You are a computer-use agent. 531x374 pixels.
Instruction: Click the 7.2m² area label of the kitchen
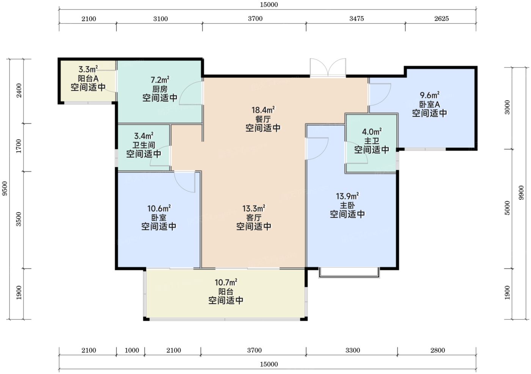tap(160, 80)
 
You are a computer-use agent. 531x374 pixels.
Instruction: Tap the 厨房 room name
tap(160, 89)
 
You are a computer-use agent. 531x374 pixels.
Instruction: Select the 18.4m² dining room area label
tap(263, 110)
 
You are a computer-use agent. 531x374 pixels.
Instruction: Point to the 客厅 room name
tap(254, 218)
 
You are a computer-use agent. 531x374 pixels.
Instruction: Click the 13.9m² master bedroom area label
tap(347, 196)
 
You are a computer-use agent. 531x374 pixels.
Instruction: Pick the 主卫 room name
tap(371, 141)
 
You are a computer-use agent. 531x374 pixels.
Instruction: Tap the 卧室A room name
tap(429, 105)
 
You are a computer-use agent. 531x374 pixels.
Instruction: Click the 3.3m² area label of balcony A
tap(88, 69)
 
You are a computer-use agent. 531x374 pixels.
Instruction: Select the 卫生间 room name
tap(144, 145)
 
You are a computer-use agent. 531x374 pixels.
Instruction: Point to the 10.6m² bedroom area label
tap(159, 208)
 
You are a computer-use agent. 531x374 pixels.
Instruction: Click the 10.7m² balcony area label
tap(226, 282)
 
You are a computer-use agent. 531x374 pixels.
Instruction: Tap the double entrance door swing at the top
tap(328, 67)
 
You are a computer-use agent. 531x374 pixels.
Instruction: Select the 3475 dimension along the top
tap(357, 19)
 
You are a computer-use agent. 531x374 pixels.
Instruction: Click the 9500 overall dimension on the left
tap(5, 188)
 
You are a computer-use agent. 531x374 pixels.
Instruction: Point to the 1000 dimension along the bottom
tap(132, 350)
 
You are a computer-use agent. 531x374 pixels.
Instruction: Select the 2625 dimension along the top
tap(441, 19)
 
